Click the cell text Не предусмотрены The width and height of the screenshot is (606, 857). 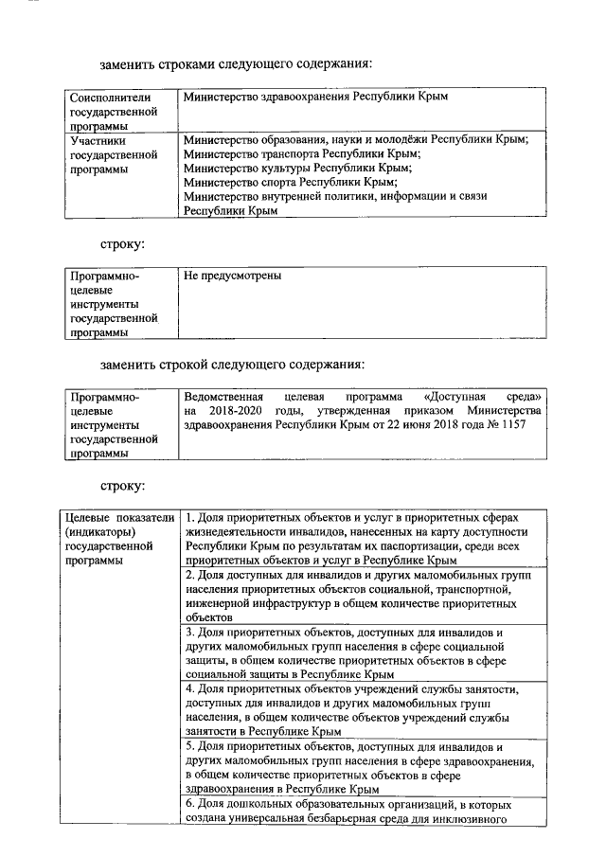[x=233, y=277]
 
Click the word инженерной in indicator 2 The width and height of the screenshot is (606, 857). [x=220, y=602]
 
